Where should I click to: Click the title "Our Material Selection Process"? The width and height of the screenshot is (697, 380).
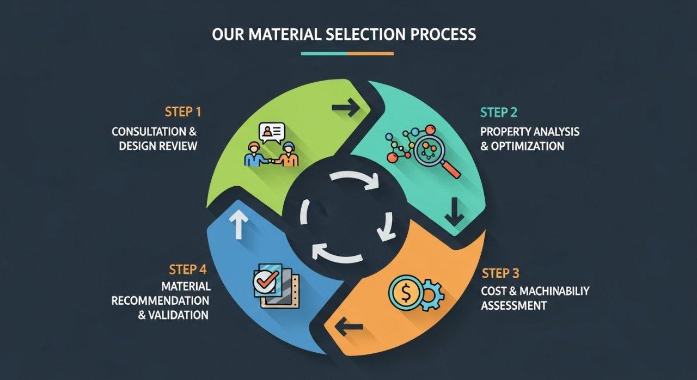point(344,34)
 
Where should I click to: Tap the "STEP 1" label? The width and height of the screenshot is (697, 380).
point(182,112)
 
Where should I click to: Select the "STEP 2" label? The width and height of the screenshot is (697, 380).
point(499,113)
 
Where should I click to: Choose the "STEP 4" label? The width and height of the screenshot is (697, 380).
point(187,269)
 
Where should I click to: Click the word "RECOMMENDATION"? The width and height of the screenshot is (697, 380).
point(160,301)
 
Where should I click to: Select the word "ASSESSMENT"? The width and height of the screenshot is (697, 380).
point(513,305)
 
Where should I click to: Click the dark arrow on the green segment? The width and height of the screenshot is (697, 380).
point(346,108)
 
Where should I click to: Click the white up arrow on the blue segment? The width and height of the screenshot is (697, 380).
point(239,224)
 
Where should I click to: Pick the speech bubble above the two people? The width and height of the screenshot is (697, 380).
point(272,132)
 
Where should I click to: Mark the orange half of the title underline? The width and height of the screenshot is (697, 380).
point(370,53)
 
